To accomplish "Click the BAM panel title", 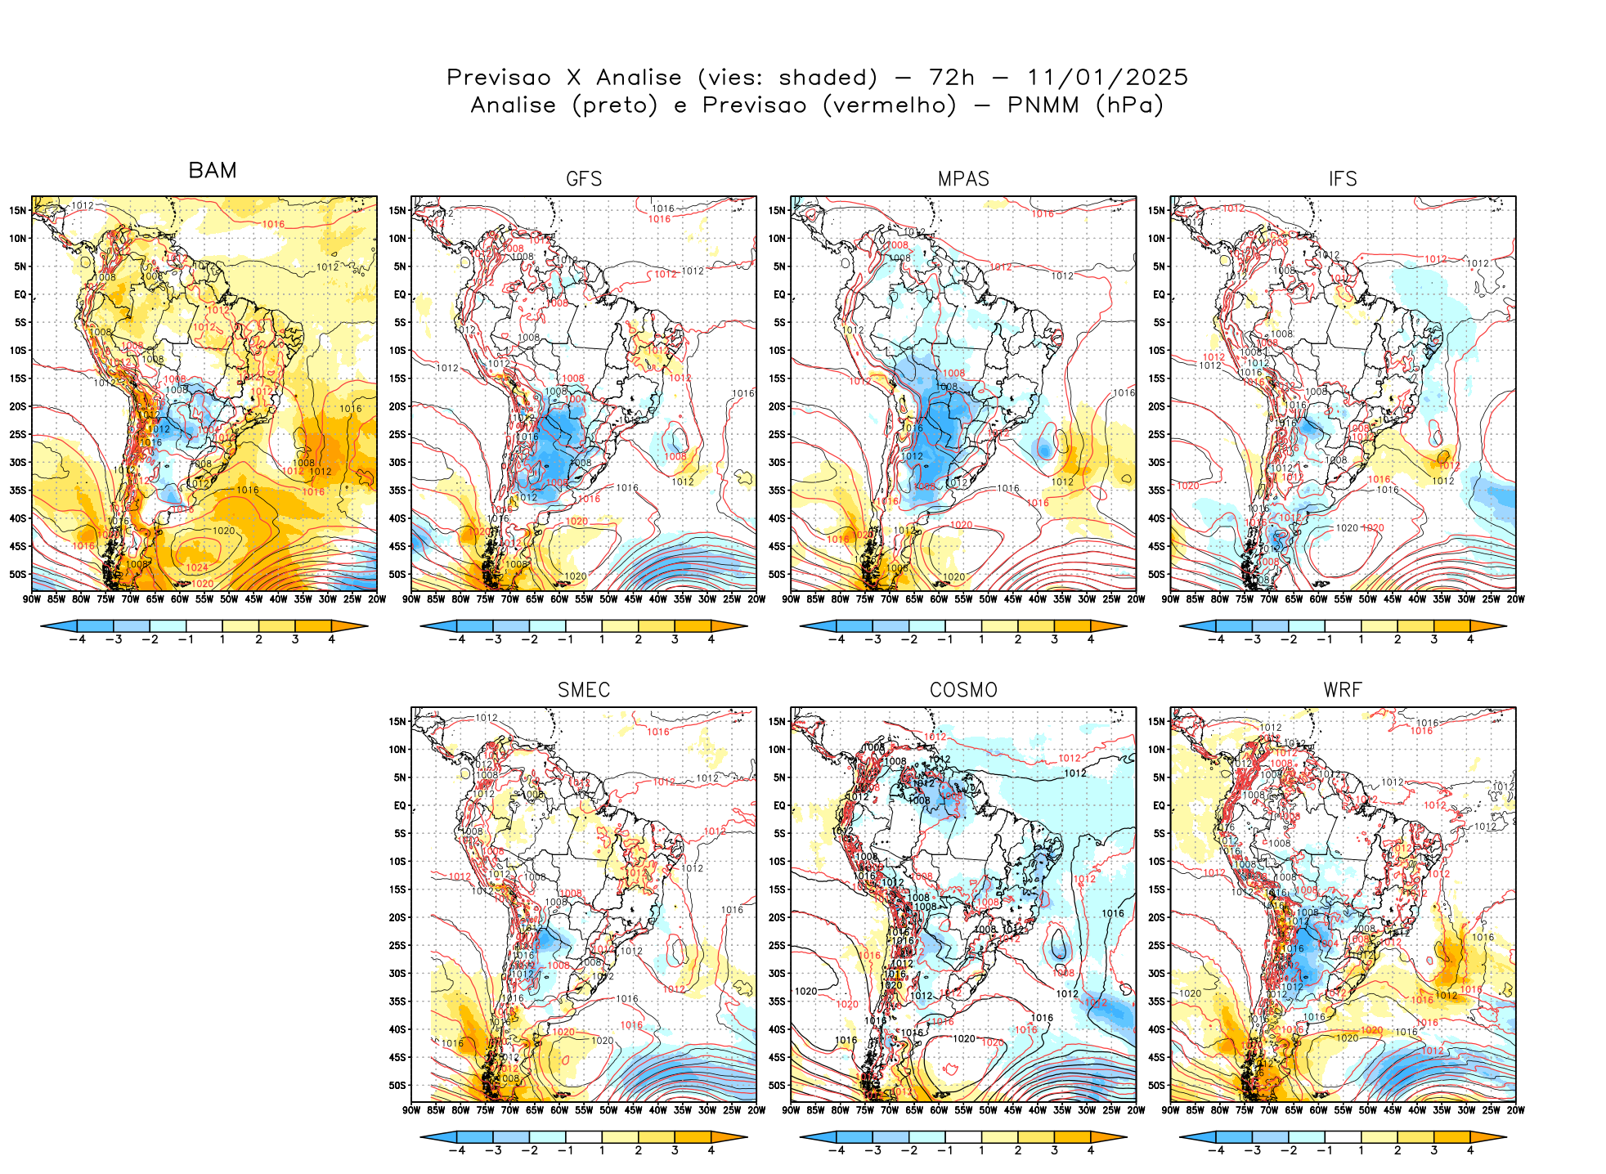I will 213,170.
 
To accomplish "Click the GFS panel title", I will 584,179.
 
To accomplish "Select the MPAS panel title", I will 963,179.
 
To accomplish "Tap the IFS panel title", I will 1343,179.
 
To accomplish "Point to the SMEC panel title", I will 584,690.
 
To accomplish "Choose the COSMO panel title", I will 963,690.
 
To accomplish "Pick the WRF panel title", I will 1343,690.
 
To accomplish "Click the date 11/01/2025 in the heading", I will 1107,78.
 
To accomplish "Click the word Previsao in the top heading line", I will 499,78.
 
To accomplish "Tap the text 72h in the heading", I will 952,78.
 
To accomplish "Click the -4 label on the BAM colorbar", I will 77,640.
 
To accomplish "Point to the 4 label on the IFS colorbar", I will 1470,640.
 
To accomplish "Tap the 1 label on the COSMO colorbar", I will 981,1151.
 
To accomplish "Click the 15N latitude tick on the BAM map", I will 18,211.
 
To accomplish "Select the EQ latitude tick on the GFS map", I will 399,294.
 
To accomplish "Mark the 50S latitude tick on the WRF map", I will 1157,1086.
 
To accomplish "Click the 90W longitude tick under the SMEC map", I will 411,1110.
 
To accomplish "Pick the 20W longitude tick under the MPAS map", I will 1136,599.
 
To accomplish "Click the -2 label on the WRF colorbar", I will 1288,1151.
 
